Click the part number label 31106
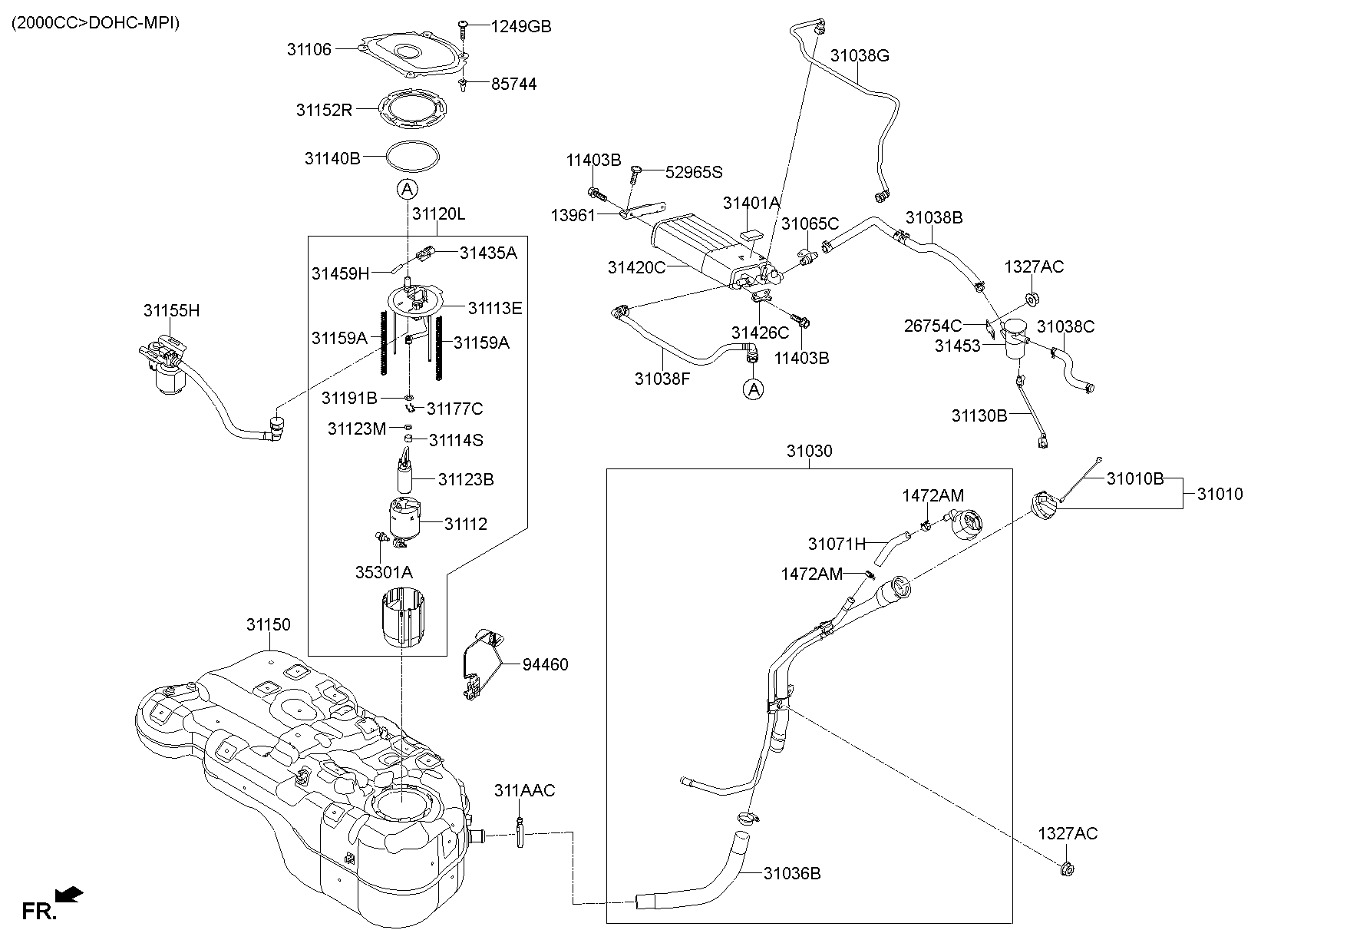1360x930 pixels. [x=309, y=49]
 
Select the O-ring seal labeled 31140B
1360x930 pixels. [x=413, y=157]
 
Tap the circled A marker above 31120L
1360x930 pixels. [x=407, y=188]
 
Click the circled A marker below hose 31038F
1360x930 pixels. [x=754, y=389]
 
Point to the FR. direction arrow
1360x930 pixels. [x=70, y=895]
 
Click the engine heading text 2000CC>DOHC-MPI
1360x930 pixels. [x=95, y=23]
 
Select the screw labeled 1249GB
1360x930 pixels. [x=464, y=29]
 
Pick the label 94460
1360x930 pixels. [x=545, y=664]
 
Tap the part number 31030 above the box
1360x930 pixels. [x=808, y=452]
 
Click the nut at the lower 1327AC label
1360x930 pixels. [x=1066, y=870]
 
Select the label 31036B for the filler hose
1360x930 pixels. [x=791, y=873]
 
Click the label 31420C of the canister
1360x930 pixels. [x=636, y=267]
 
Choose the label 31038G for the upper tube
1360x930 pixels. [x=859, y=55]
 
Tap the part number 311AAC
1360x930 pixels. [x=524, y=790]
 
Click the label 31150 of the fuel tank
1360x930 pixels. [x=268, y=624]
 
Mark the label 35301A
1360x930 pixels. [x=384, y=572]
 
